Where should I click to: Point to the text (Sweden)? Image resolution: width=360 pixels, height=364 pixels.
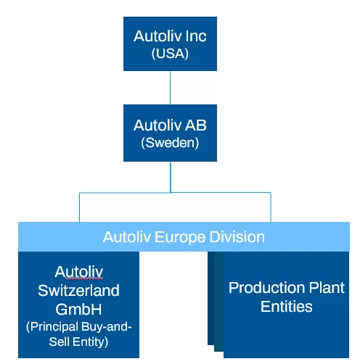coord(170,143)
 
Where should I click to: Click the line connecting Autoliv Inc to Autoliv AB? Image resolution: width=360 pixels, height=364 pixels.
coord(170,87)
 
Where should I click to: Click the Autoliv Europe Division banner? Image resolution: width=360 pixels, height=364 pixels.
coord(184,237)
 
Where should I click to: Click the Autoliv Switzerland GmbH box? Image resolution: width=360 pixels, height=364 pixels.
coord(79,305)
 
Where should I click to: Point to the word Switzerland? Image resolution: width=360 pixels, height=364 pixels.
coord(79,291)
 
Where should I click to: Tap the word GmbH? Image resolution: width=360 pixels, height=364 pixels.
coord(79,308)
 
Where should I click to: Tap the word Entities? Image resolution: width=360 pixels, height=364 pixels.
coord(286,307)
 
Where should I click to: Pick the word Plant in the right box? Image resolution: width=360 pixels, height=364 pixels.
coord(325,288)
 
